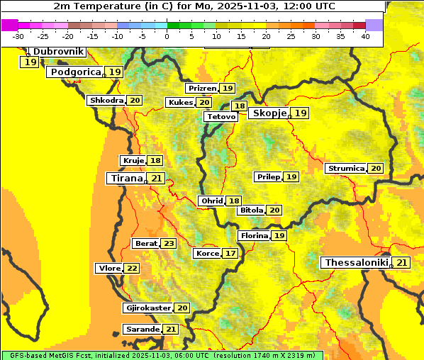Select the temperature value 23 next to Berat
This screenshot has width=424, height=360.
click(x=168, y=244)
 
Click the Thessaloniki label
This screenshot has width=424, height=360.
click(x=356, y=263)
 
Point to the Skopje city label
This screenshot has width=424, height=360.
click(x=269, y=113)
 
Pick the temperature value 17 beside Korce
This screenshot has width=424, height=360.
click(x=230, y=254)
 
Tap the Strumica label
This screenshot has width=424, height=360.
click(x=345, y=169)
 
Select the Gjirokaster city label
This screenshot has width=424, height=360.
click(x=147, y=308)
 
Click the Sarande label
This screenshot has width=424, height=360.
click(x=142, y=330)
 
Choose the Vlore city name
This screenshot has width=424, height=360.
click(x=109, y=269)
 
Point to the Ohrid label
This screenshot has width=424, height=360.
click(x=211, y=201)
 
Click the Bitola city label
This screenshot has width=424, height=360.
click(x=251, y=210)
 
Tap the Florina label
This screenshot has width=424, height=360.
click(x=254, y=235)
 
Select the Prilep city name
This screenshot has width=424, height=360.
click(x=267, y=176)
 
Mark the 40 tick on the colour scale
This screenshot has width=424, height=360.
click(x=365, y=35)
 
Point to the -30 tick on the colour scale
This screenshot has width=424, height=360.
click(x=18, y=35)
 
